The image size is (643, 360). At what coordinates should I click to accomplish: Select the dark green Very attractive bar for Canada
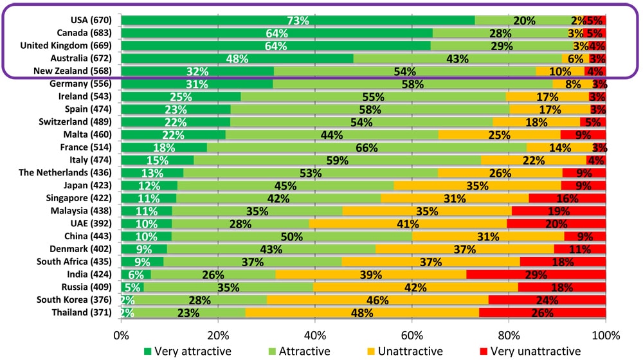[x=276, y=33]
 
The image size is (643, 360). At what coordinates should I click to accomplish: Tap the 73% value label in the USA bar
[x=298, y=21]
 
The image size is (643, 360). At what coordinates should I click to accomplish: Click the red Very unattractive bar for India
[x=536, y=274]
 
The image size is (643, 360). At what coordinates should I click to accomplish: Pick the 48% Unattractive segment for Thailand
[x=362, y=312]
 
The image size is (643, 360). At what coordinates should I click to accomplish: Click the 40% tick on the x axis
[x=314, y=334]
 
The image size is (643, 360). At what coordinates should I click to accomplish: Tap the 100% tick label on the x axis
[x=605, y=334]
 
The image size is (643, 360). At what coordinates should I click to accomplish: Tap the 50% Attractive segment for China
[x=291, y=236]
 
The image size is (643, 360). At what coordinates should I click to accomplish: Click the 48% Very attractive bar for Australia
[x=237, y=59]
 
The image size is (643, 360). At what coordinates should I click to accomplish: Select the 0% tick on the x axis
[x=121, y=334]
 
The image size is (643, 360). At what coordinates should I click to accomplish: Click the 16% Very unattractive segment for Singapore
[x=567, y=198]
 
